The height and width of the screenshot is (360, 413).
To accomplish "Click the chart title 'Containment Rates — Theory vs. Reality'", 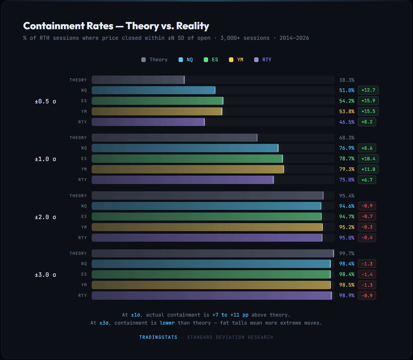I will [x=116, y=26].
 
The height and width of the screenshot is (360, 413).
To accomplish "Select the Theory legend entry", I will [x=154, y=60].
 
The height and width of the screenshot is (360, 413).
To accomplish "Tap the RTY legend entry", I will [x=263, y=60].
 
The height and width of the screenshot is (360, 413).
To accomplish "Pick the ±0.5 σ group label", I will [x=45, y=101].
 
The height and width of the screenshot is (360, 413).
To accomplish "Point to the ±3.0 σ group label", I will [x=45, y=275].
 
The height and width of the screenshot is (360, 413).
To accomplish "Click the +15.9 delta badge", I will [x=368, y=101].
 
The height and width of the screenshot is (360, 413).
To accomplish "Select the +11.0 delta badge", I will [x=368, y=169].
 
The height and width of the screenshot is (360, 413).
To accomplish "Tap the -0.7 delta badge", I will [x=367, y=217].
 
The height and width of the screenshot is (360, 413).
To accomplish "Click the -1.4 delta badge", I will [x=367, y=274].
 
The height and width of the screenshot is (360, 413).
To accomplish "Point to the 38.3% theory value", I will [x=347, y=80].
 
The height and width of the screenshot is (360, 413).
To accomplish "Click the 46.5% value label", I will [x=347, y=122].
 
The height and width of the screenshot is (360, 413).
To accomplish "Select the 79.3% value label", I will [x=347, y=169].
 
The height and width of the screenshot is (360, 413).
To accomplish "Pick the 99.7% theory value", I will [x=347, y=253].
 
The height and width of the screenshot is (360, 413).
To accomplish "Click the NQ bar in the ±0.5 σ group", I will [x=153, y=91].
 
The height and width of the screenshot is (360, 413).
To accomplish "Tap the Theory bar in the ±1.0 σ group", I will [x=174, y=138].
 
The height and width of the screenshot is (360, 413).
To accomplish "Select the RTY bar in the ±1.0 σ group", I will [x=182, y=180].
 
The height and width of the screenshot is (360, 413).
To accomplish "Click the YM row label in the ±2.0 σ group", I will [x=84, y=227].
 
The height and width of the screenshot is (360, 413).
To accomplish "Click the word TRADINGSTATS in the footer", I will [x=158, y=337].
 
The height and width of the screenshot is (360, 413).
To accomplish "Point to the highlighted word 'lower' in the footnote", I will [x=167, y=323].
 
